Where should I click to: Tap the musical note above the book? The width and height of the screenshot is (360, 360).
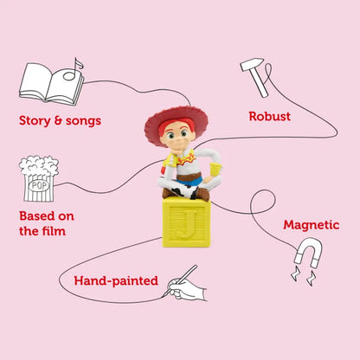point(73,69)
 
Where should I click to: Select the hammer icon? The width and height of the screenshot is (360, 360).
point(256,77)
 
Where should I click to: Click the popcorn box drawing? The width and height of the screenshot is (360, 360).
point(39,179)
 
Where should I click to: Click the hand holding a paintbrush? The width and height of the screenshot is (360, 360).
point(184,285)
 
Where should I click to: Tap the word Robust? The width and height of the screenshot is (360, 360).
point(270,116)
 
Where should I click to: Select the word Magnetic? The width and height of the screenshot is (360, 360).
point(312,225)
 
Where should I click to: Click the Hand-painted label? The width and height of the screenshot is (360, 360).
point(116,280)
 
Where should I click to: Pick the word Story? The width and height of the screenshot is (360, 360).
point(35,121)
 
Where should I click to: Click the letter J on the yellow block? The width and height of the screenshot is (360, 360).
point(186,223)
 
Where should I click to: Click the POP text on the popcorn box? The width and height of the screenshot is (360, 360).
point(40,185)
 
